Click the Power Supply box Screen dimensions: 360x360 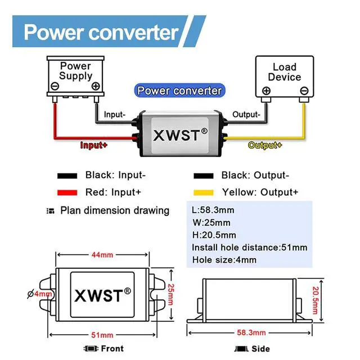pos(75,76)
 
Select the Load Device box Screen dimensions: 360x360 pos(284,76)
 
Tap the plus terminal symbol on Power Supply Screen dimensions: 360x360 pos(96,86)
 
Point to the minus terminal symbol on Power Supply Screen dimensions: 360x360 pos(55,86)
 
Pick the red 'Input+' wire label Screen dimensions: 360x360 pos(93,145)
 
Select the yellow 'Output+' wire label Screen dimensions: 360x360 pos(265,145)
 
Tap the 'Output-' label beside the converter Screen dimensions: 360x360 pos(246,114)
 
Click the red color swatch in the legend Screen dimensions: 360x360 pos(67,192)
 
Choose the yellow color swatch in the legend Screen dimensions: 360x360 pos(204,192)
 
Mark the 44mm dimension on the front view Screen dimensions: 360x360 pos(102,255)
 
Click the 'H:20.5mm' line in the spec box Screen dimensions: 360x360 pos(214,235)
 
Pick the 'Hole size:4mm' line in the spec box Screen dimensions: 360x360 pos(224,260)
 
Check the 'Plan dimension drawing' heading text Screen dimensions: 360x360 pos(115,210)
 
